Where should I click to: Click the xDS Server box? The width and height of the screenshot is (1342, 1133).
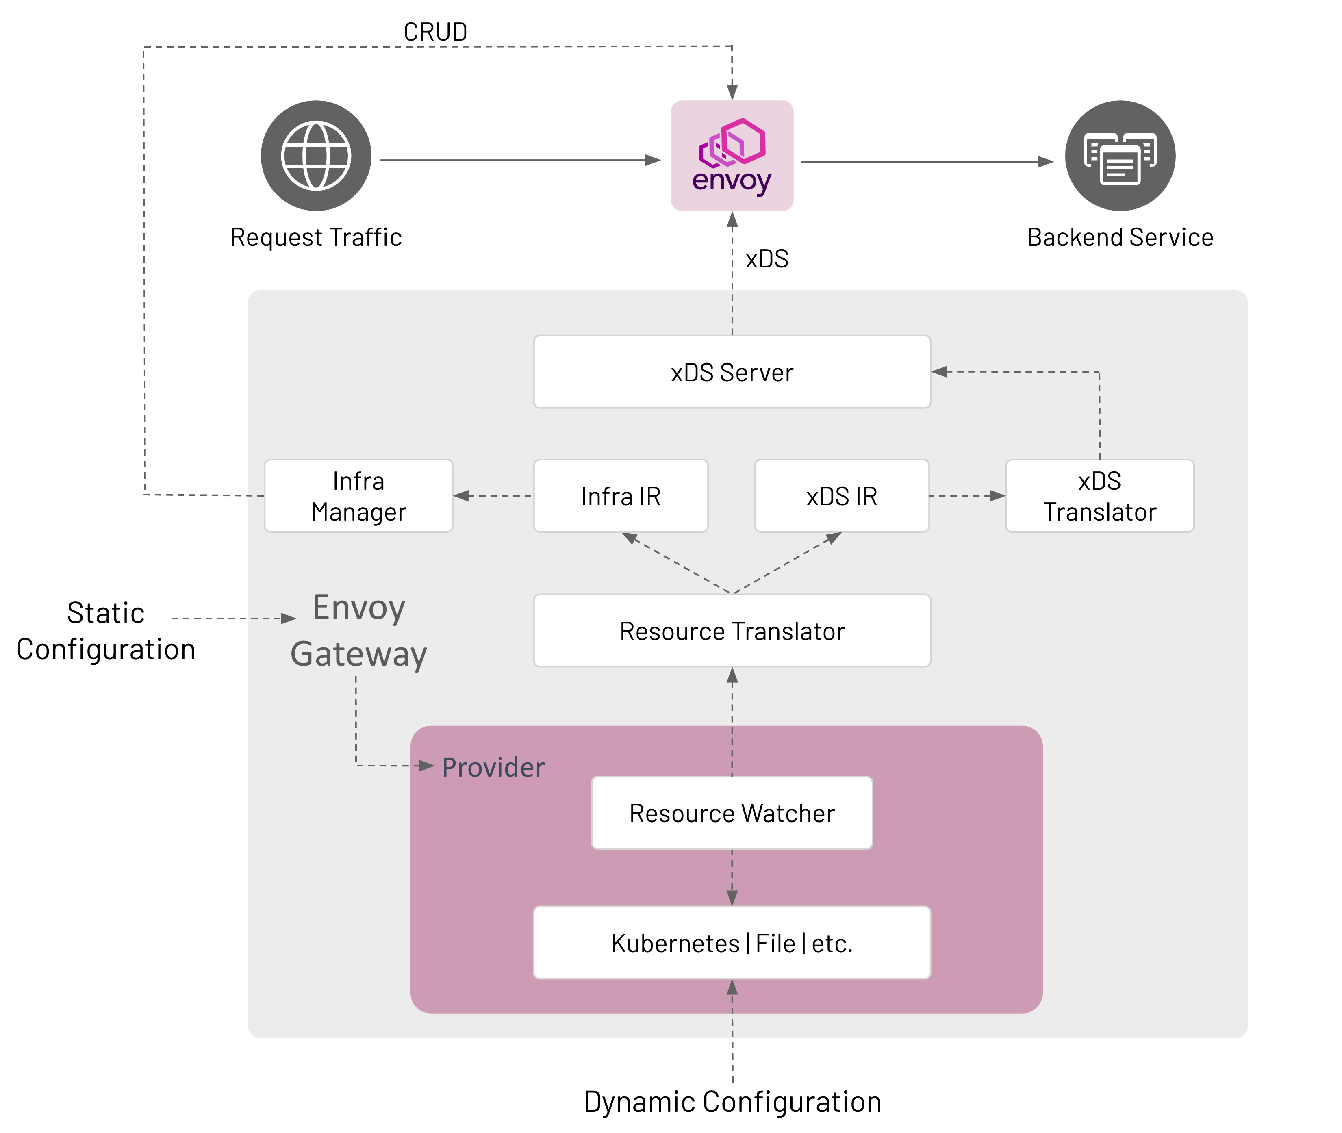click(732, 372)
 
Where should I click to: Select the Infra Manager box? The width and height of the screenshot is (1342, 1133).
click(358, 496)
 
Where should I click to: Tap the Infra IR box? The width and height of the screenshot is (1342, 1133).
click(621, 496)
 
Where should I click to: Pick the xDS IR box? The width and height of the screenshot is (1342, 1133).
click(842, 496)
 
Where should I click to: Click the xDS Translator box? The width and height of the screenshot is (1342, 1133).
click(1099, 496)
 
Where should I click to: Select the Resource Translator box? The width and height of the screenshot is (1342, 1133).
click(732, 631)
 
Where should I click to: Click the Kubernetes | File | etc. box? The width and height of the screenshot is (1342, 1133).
click(732, 943)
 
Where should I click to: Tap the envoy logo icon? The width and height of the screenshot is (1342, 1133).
click(732, 155)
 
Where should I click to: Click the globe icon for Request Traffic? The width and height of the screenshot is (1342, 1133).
click(316, 155)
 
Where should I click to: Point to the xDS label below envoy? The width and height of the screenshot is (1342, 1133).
click(767, 259)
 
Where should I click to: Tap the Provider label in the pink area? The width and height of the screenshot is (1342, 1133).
click(493, 767)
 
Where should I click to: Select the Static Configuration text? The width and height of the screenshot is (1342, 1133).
click(106, 631)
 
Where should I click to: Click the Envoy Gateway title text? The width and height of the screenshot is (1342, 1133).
click(358, 631)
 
